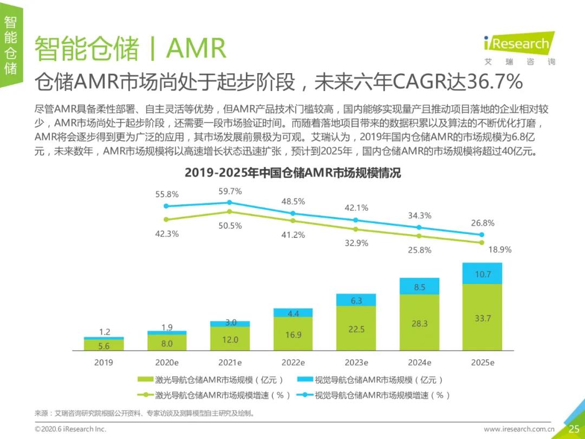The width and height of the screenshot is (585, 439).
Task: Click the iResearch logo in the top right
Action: pyautogui.click(x=518, y=44)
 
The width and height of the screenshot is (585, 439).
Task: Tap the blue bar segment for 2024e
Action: pyautogui.click(x=419, y=287)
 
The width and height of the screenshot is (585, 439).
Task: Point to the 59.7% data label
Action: pyautogui.click(x=230, y=191)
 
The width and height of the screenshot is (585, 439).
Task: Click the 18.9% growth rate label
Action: pyautogui.click(x=499, y=250)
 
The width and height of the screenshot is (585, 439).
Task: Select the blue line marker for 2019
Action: pyautogui.click(x=166, y=206)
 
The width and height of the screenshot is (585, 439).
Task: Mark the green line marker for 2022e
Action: pyautogui.click(x=293, y=221)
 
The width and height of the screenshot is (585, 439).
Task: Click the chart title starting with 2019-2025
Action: pyautogui.click(x=292, y=173)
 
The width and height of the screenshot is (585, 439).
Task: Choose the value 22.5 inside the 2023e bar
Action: pyautogui.click(x=356, y=329)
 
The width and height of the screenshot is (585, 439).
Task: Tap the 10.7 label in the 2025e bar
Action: pyautogui.click(x=483, y=274)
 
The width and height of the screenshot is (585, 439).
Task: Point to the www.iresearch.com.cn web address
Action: pyautogui.click(x=519, y=429)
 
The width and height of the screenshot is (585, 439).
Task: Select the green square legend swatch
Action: pyautogui.click(x=146, y=380)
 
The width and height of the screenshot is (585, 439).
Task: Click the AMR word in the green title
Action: pyautogui.click(x=196, y=49)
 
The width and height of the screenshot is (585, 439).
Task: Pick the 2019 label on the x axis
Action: pyautogui.click(x=103, y=362)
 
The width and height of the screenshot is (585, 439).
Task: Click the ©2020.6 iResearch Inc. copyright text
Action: pyautogui.click(x=70, y=429)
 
